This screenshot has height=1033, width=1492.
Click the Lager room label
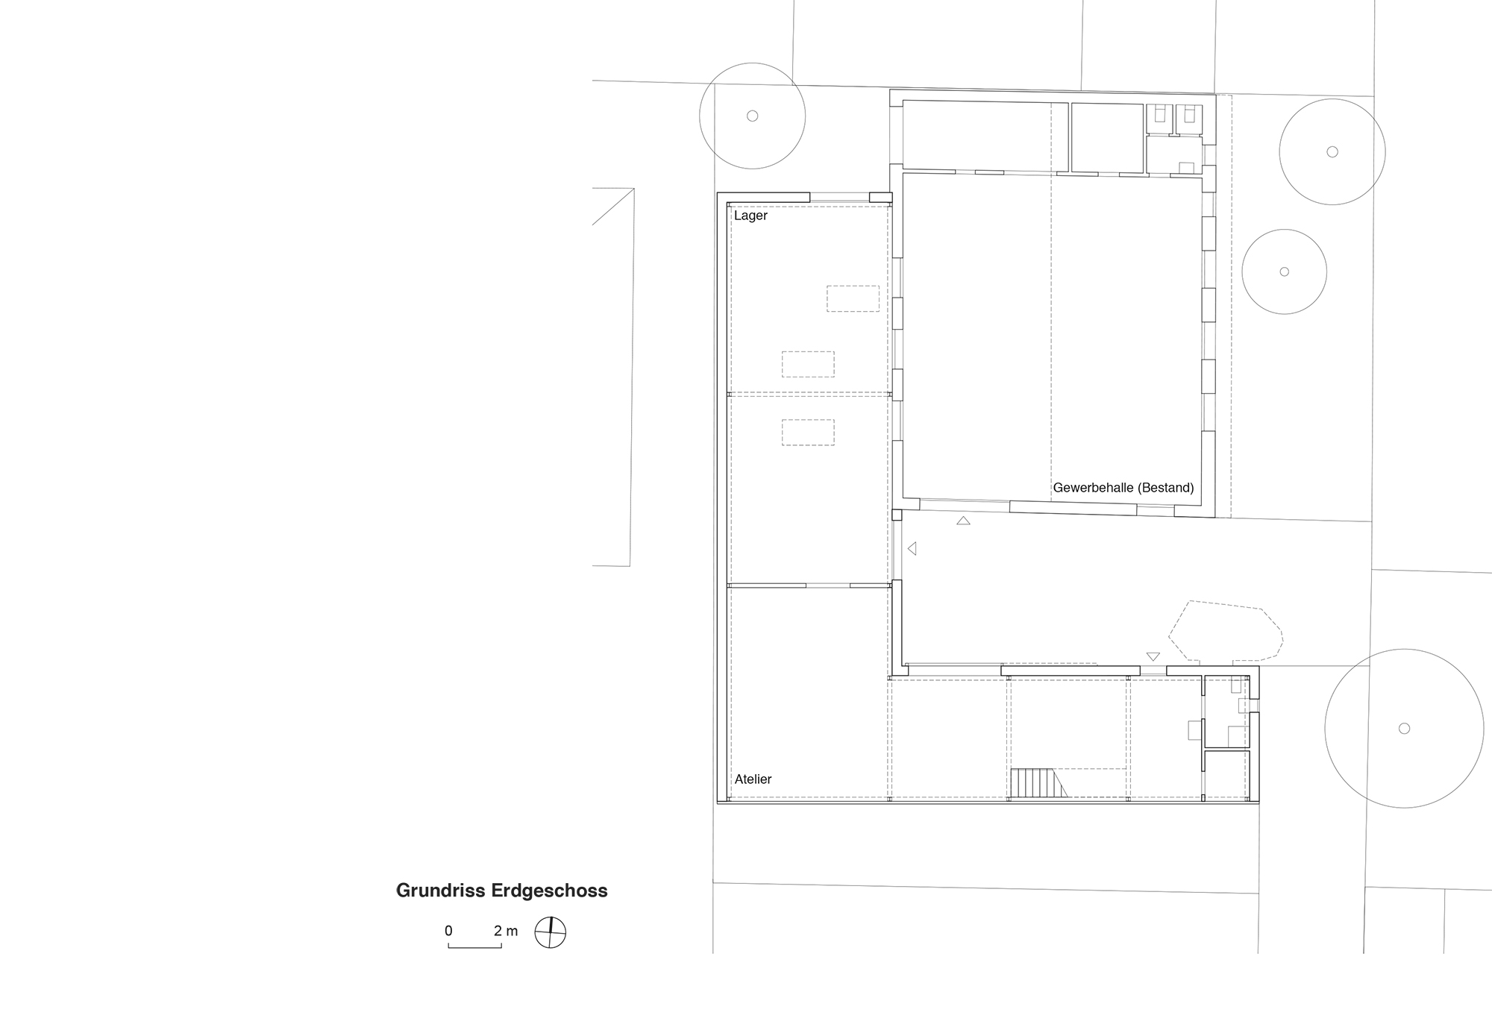click(750, 216)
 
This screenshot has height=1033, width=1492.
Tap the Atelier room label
click(753, 779)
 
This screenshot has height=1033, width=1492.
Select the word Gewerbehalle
click(1093, 488)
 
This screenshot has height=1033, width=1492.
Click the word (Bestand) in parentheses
click(1165, 488)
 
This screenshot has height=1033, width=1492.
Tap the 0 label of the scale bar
click(448, 931)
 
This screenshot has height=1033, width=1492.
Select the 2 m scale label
click(506, 931)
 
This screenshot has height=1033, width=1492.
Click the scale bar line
click(474, 946)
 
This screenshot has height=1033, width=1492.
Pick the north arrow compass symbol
click(551, 932)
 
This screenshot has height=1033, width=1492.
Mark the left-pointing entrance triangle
click(912, 549)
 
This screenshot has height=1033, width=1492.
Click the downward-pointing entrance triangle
click(1153, 656)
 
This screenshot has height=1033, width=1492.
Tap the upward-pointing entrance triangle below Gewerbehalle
click(963, 521)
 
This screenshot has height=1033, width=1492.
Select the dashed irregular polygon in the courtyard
click(1225, 631)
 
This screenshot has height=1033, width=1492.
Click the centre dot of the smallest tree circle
click(1285, 271)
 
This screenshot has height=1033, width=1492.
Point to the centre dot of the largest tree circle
click(1404, 729)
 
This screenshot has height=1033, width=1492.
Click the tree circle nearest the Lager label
click(752, 116)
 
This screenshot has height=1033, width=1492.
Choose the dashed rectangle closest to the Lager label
click(853, 298)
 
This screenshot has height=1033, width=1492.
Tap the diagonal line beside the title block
click(613, 207)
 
